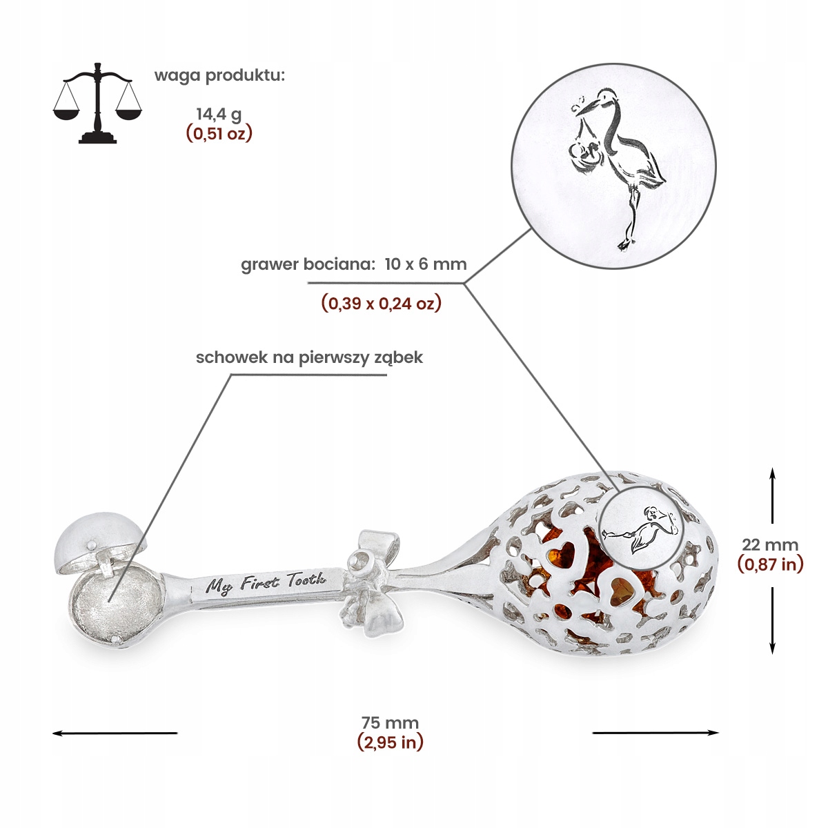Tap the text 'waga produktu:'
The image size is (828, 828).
tap(219, 75)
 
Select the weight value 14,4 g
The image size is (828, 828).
tap(219, 113)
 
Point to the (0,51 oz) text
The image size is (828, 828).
tap(219, 133)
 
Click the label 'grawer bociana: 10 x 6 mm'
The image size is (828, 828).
tap(353, 264)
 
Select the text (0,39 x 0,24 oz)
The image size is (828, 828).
tap(381, 303)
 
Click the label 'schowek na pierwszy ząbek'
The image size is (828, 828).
tap(309, 357)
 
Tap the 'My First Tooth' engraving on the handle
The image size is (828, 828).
tap(266, 584)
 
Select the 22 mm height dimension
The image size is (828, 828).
tap(770, 544)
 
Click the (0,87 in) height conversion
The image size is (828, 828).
tap(770, 564)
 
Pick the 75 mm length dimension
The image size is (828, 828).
tap(390, 722)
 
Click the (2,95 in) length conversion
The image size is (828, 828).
tap(390, 742)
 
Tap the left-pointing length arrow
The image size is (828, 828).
tap(115, 733)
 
